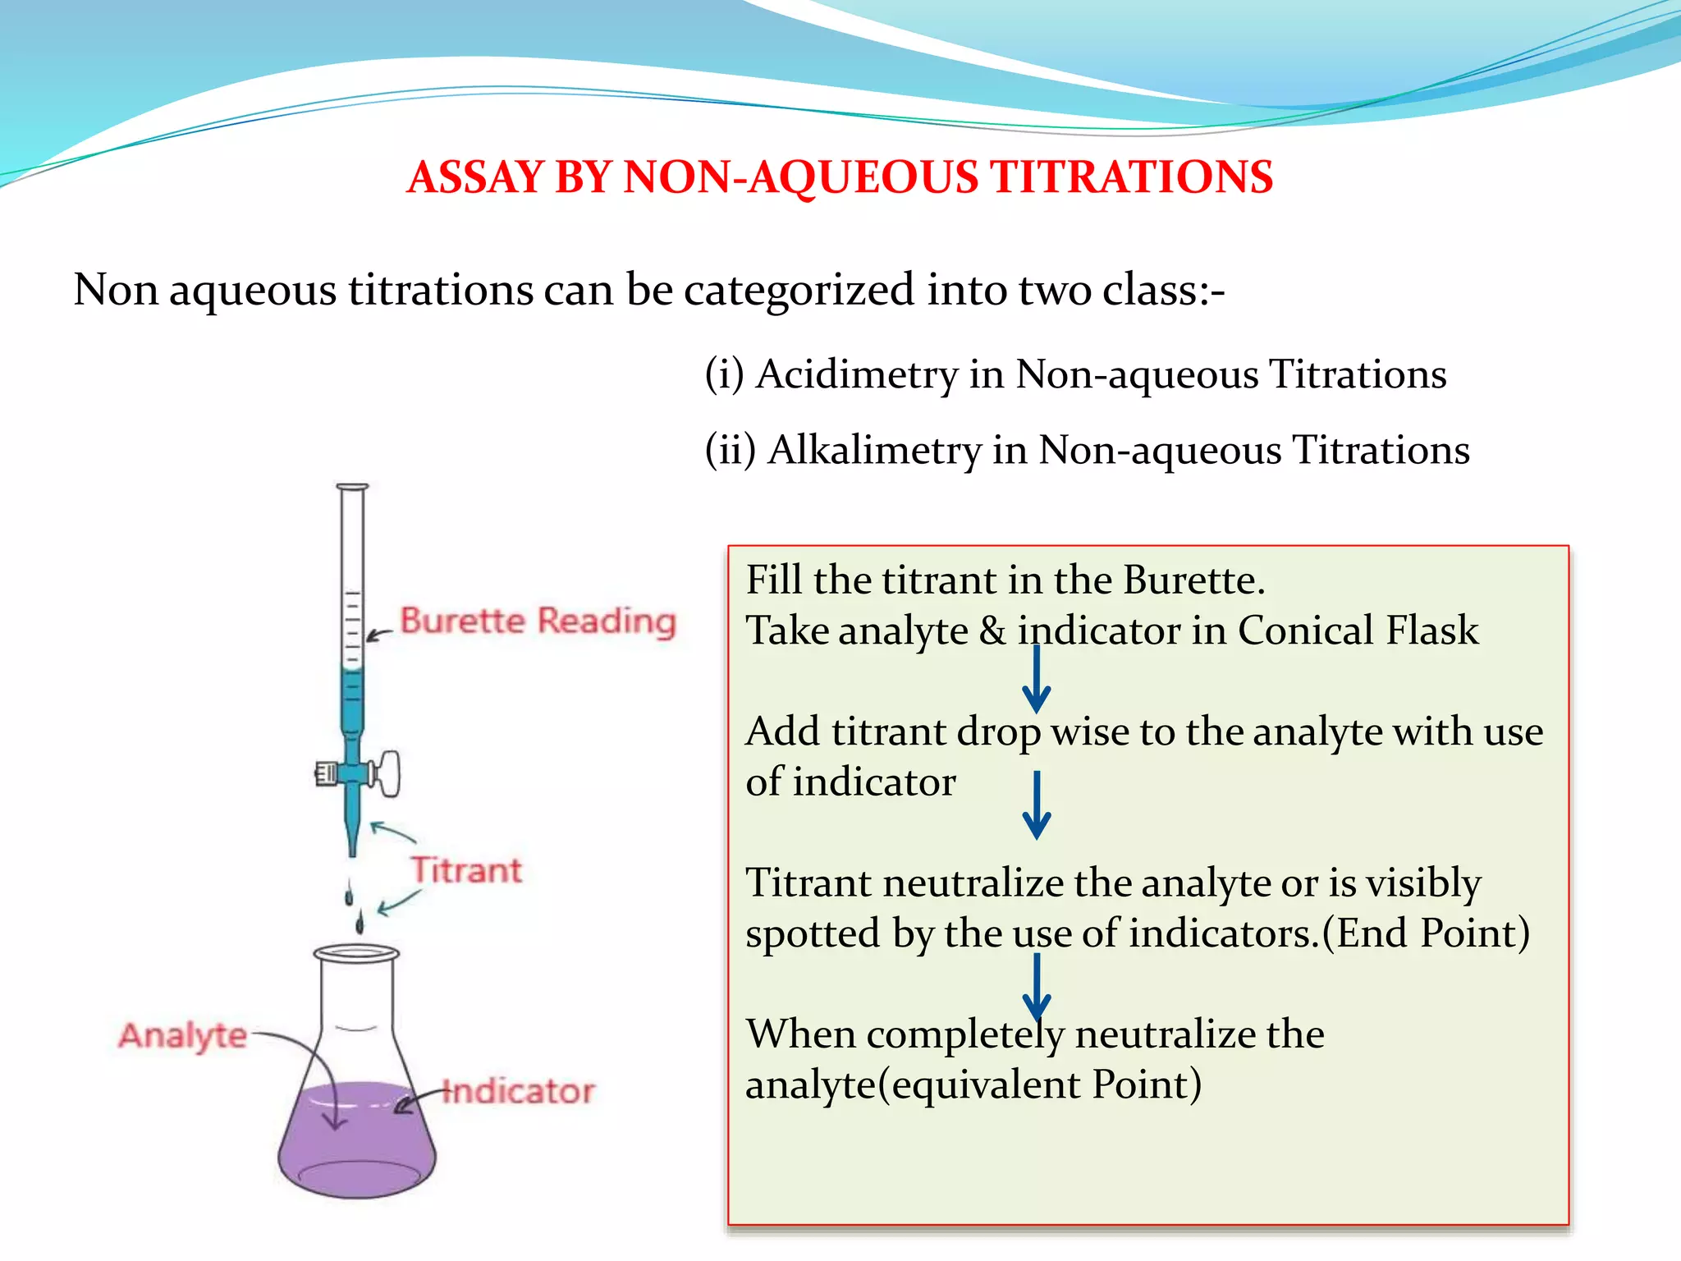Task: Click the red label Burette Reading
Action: pyautogui.click(x=538, y=621)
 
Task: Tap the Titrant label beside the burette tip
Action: pyautogui.click(x=466, y=870)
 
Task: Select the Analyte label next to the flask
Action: pyautogui.click(x=182, y=1036)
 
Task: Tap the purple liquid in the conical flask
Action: pyautogui.click(x=356, y=1141)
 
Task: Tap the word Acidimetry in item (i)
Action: pyautogui.click(x=857, y=374)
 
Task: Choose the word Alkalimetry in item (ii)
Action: pyautogui.click(x=874, y=450)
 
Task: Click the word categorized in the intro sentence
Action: pyautogui.click(x=799, y=290)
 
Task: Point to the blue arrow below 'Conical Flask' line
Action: pyautogui.click(x=1037, y=680)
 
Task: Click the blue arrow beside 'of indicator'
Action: pyautogui.click(x=1037, y=805)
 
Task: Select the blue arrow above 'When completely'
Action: pyautogui.click(x=1037, y=986)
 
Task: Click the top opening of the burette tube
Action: pyautogui.click(x=352, y=488)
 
